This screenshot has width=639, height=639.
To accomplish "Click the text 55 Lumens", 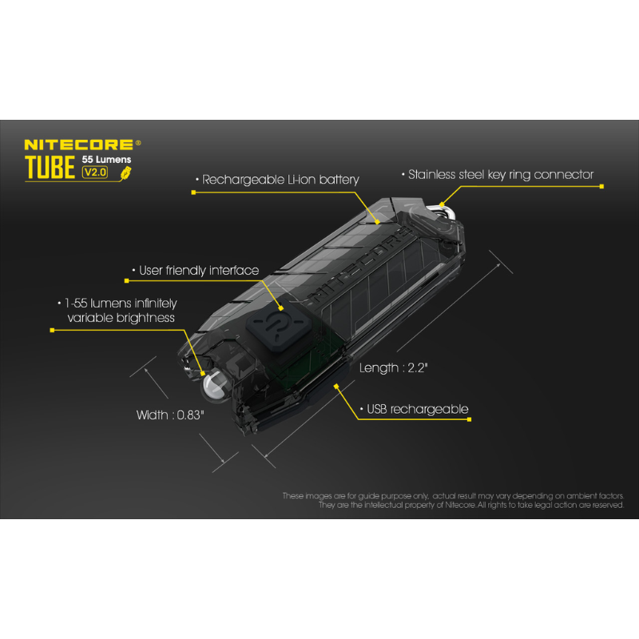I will (x=107, y=159).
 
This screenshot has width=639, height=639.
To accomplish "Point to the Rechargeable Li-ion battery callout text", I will (x=280, y=180).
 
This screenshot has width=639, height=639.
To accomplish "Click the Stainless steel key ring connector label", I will (x=500, y=174).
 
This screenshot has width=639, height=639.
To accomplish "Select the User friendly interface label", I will (x=199, y=271).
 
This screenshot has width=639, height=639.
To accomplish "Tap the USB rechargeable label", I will (x=417, y=409).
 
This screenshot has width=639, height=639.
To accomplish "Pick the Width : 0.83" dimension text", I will (x=171, y=415).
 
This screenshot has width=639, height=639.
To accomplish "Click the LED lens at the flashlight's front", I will (x=214, y=387).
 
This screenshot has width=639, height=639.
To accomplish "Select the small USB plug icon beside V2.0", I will (x=123, y=171).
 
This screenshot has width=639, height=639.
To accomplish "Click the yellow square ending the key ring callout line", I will (x=601, y=186).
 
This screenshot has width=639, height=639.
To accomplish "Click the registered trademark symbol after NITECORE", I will (x=138, y=143).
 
